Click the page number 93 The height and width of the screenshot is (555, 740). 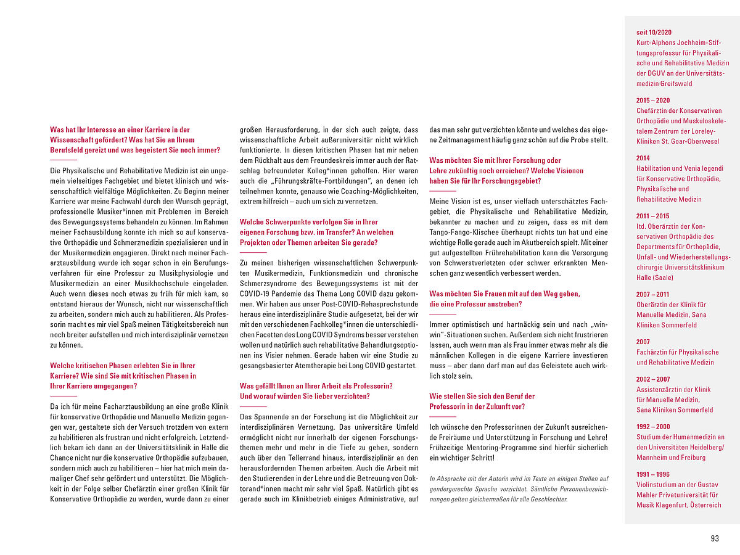click(x=715, y=538)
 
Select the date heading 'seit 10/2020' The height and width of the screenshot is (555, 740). click(x=654, y=32)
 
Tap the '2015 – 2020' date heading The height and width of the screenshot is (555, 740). click(x=653, y=101)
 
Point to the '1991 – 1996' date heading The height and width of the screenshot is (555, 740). click(x=653, y=474)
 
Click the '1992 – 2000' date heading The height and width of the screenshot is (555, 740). click(x=653, y=427)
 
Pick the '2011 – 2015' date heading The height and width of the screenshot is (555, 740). click(x=653, y=216)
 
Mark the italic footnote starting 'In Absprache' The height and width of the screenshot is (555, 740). click(x=519, y=488)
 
